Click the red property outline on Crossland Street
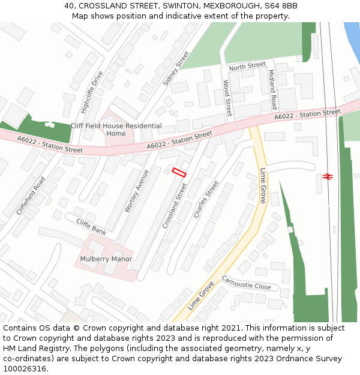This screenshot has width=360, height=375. pos(179,172)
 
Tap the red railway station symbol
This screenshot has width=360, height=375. pos(328,176)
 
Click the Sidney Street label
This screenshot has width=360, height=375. pos(176,68)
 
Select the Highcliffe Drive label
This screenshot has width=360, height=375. pos(92,92)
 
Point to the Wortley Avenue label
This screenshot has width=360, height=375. pos(136,190)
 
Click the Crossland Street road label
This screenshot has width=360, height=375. pos(175,205)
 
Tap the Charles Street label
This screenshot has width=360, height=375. pos(206,199)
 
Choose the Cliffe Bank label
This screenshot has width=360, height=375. pos(91,227)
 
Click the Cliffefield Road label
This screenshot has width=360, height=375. pos(31,196)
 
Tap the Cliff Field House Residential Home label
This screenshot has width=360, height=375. pos(116,130)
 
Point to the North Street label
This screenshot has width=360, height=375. pos(247,65)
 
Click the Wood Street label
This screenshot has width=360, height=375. pos(227,98)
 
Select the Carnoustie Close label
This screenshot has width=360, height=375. pos(247,283)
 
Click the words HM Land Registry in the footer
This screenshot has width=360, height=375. pos(30,348)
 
